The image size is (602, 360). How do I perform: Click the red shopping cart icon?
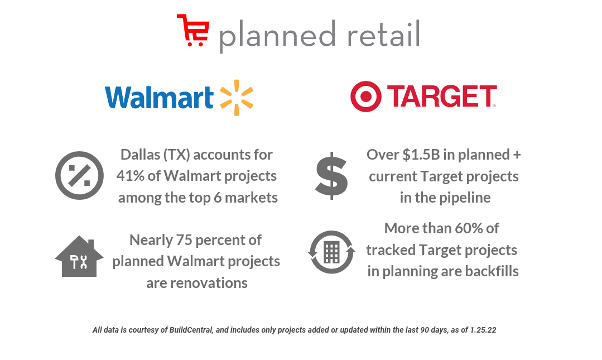tap(193, 30)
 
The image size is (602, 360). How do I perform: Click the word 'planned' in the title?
tap(277, 35)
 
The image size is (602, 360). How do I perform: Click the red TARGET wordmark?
tap(441, 97)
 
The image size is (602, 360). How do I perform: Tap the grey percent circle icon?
tap(79, 175)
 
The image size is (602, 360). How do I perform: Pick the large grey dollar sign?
tap(331, 175)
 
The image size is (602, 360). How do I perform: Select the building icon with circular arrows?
tap(331, 252)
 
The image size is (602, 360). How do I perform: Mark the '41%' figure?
tap(130, 176)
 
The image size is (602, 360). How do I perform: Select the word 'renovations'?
tap(196, 283)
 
